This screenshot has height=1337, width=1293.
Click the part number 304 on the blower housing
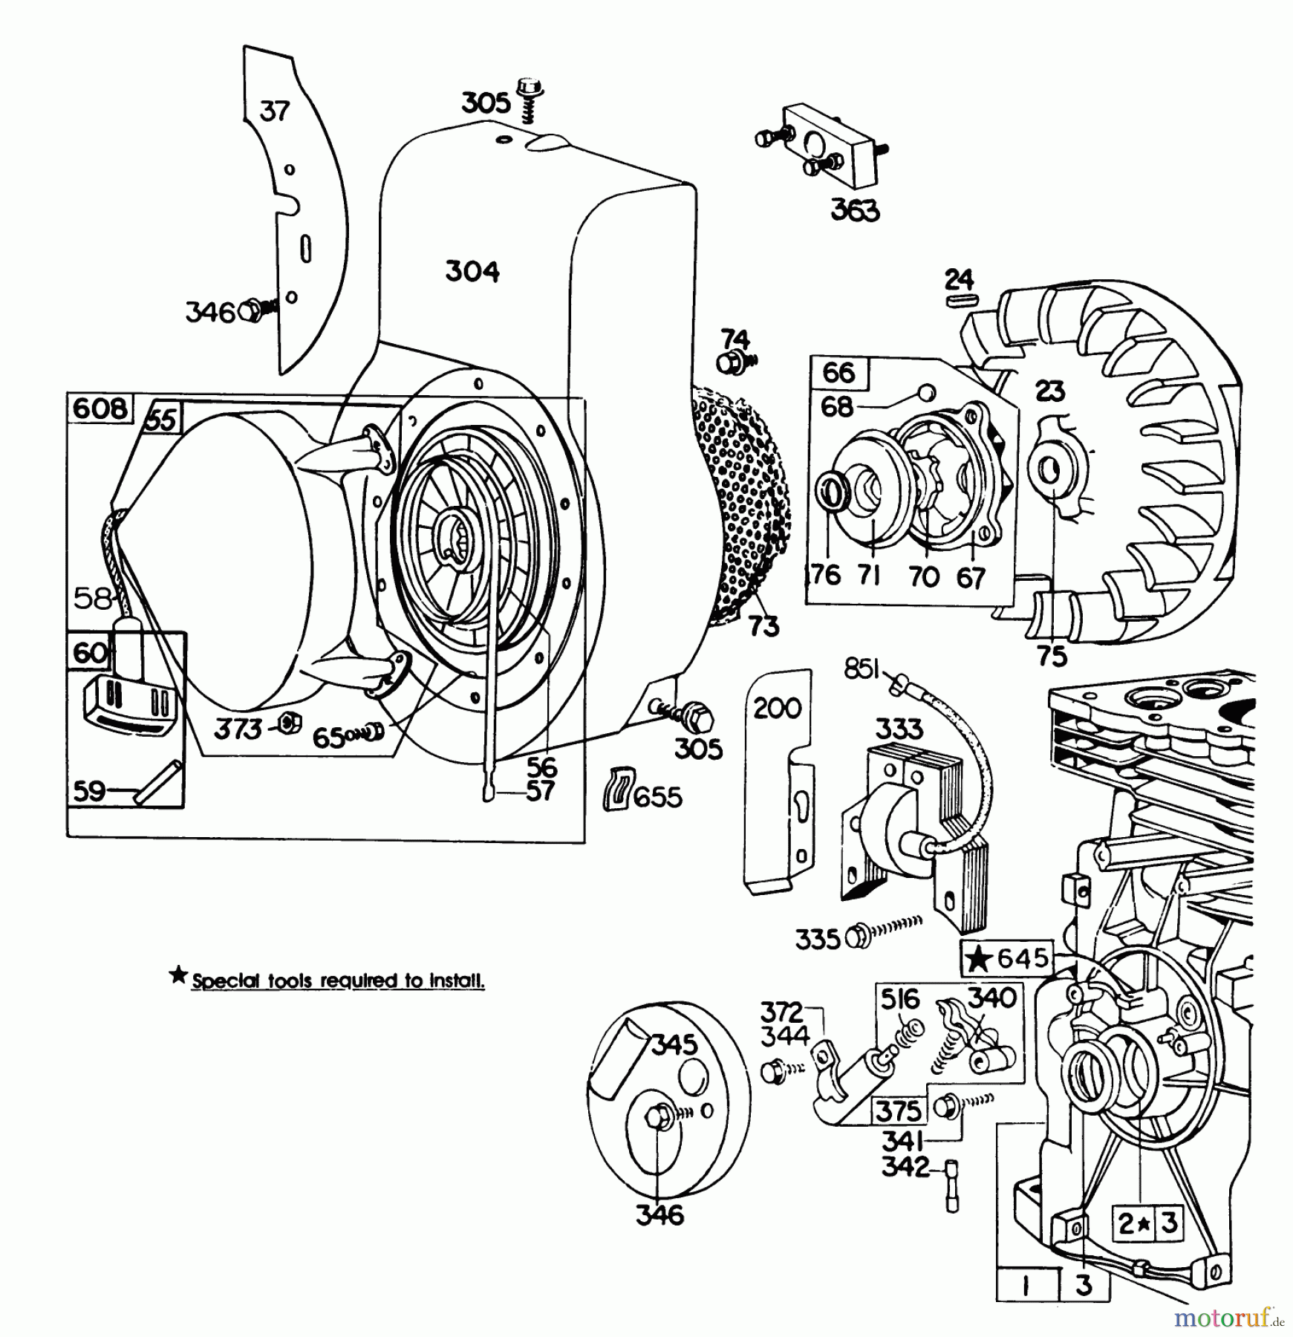472,271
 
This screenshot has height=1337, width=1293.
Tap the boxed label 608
100,409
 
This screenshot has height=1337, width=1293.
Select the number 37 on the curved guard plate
274,111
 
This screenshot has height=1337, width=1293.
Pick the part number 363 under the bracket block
855,210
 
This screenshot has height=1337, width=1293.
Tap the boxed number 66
838,371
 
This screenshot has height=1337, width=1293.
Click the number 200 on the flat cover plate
777,708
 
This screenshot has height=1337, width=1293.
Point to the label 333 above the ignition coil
899,729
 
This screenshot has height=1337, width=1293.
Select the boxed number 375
899,1110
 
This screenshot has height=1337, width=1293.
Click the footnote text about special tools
338,981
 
